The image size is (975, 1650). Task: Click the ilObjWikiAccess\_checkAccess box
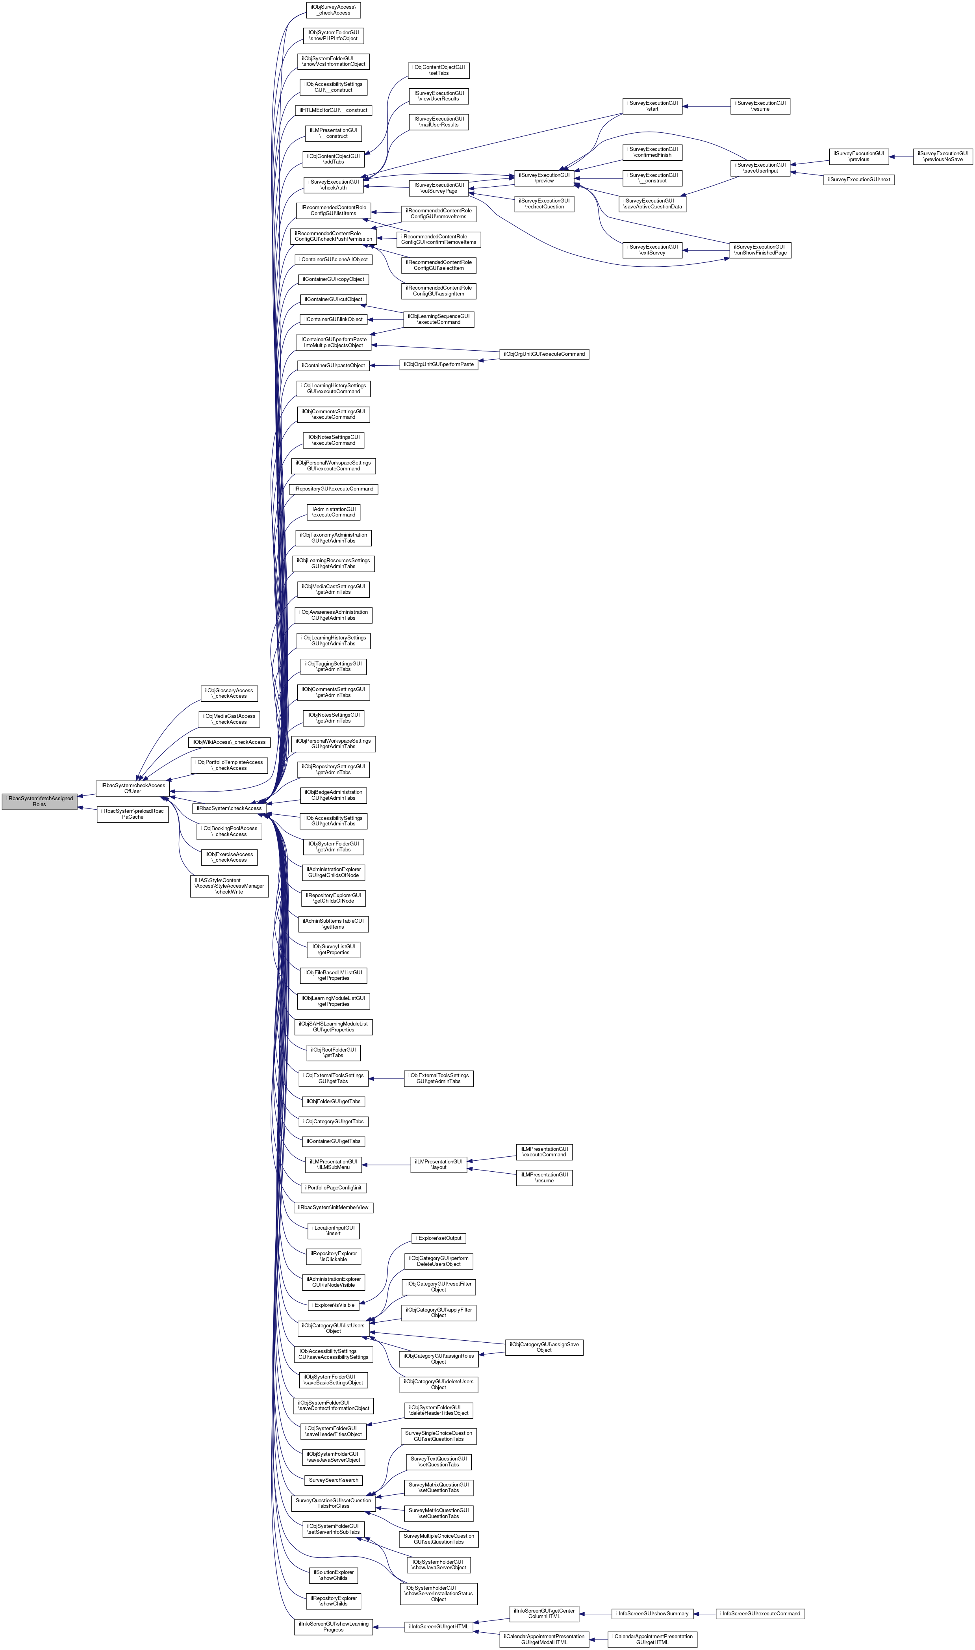(x=229, y=742)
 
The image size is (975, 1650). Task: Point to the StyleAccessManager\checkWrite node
(x=229, y=886)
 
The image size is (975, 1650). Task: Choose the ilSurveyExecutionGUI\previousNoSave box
(x=943, y=156)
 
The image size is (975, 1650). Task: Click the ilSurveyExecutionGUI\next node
(x=859, y=180)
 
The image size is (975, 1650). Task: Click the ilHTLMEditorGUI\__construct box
(x=334, y=110)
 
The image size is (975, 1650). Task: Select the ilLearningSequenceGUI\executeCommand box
(x=438, y=320)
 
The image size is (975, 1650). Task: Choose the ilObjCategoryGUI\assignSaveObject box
(x=544, y=1347)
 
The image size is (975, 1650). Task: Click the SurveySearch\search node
(x=334, y=1481)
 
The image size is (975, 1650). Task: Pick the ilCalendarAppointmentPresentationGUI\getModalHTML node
(x=544, y=1639)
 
